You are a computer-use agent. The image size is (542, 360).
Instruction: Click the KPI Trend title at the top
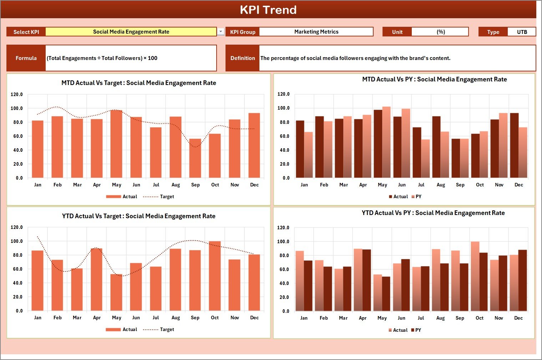[268, 10]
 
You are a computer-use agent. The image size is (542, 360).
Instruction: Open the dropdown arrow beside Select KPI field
[221, 32]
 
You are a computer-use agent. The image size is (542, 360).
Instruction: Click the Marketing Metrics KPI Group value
[316, 32]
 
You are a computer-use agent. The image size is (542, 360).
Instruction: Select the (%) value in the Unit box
[440, 32]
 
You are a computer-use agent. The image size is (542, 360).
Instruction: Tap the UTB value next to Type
[522, 32]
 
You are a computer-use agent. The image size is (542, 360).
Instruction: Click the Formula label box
[26, 58]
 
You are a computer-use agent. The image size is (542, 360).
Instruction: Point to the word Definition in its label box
[243, 58]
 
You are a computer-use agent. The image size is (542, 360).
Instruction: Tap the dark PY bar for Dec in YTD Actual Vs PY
[522, 280]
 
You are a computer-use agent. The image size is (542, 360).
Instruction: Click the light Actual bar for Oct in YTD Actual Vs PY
[475, 276]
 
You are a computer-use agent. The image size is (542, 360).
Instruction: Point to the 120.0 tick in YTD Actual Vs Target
[17, 227]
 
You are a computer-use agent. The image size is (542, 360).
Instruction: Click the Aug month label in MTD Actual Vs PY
[441, 185]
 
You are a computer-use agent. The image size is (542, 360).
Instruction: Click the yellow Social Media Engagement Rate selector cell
[131, 32]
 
